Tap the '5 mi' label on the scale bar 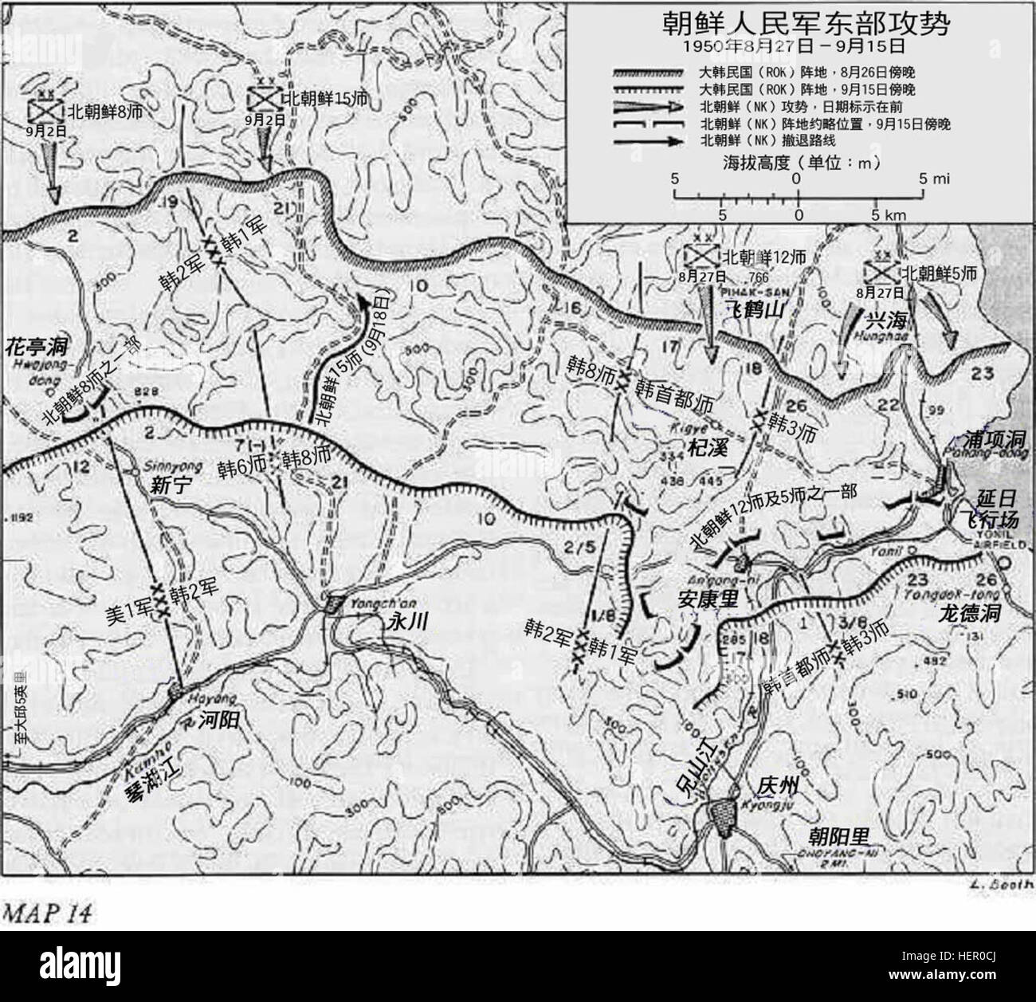937,180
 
